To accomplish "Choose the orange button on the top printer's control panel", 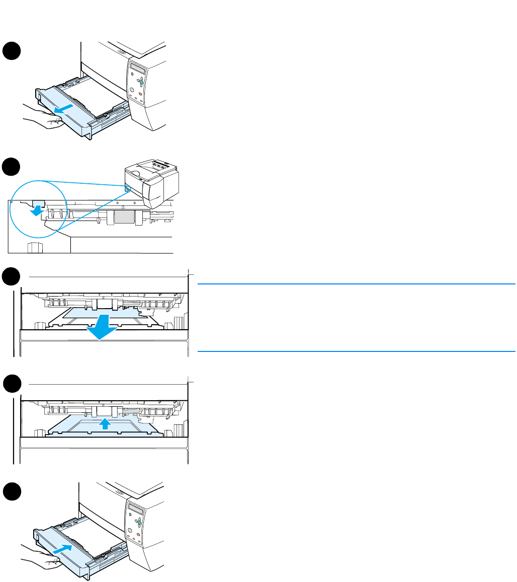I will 141,94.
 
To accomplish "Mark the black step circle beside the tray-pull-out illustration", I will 11,52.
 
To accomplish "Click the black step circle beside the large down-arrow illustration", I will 11,277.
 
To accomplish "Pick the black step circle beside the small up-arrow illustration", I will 11,385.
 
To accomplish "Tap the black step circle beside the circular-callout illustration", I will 11,167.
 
